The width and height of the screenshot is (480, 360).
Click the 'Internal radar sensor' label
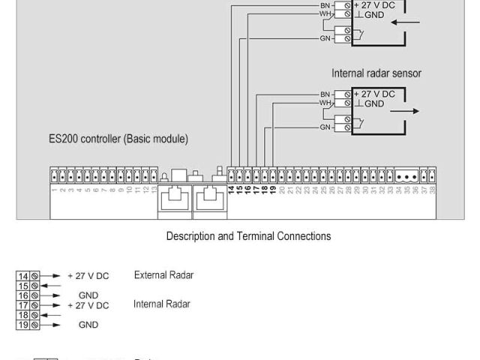(x=376, y=73)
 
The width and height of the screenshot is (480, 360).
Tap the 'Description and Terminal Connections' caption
(x=248, y=236)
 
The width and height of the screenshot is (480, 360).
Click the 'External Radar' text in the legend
(x=163, y=275)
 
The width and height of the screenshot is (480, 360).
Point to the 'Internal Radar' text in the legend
(x=162, y=304)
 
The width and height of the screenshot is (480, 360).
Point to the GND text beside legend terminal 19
(x=88, y=325)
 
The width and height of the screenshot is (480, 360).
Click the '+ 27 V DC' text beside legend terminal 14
(x=88, y=276)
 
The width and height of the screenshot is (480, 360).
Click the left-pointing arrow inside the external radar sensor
(x=406, y=22)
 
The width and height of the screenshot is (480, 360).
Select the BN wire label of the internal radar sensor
(x=325, y=94)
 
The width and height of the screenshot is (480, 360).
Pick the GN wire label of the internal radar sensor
(x=325, y=127)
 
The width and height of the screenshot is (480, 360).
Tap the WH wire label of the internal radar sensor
(x=325, y=103)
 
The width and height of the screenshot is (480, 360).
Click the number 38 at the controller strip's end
(x=432, y=190)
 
